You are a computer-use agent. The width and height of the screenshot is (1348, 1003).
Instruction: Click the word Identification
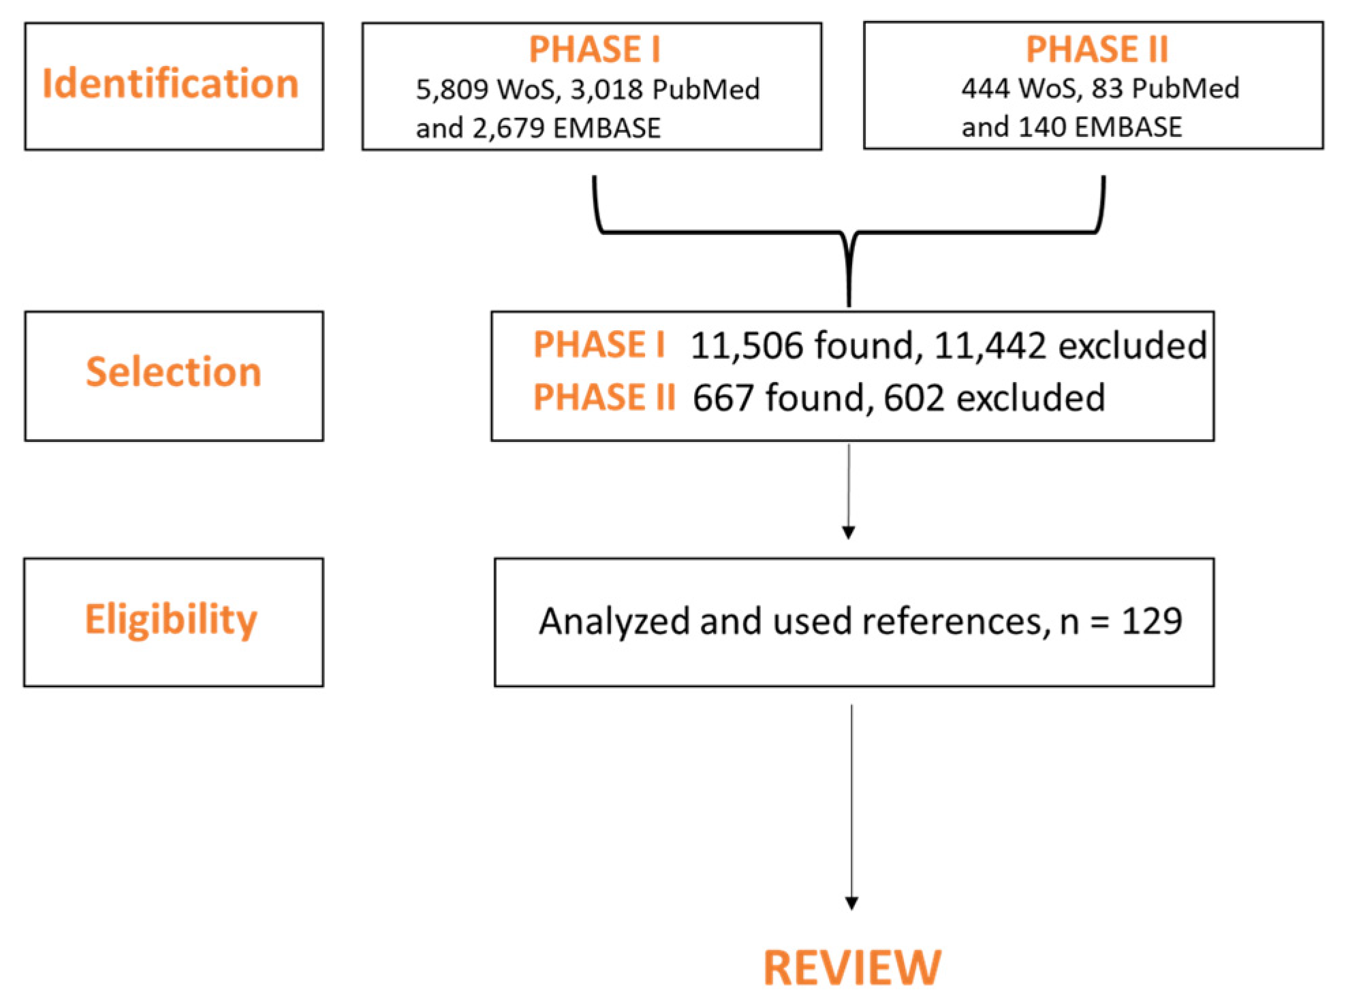[x=170, y=84]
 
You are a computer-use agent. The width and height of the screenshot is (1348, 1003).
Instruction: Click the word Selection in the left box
[x=174, y=372]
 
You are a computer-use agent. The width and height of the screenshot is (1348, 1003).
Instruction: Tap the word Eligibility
[x=171, y=620]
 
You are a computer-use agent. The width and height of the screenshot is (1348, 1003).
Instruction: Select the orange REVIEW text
[x=852, y=968]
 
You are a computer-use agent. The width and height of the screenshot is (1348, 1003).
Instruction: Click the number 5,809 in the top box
[x=452, y=90]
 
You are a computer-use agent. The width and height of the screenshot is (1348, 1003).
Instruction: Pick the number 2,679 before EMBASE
[x=508, y=129]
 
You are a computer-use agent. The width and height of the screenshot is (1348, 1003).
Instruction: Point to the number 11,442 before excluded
[x=990, y=346]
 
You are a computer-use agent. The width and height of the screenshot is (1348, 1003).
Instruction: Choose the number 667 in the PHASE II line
[x=723, y=398]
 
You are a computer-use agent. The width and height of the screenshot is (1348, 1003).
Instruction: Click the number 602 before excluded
[x=913, y=398]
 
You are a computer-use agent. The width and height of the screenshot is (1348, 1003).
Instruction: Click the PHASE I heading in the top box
[x=595, y=50]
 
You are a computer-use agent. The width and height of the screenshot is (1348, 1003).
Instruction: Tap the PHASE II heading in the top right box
[x=1097, y=50]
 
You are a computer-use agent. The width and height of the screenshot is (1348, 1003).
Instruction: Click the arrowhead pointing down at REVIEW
[x=851, y=903]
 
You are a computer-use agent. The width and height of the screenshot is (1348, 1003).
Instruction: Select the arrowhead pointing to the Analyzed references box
[x=849, y=532]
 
